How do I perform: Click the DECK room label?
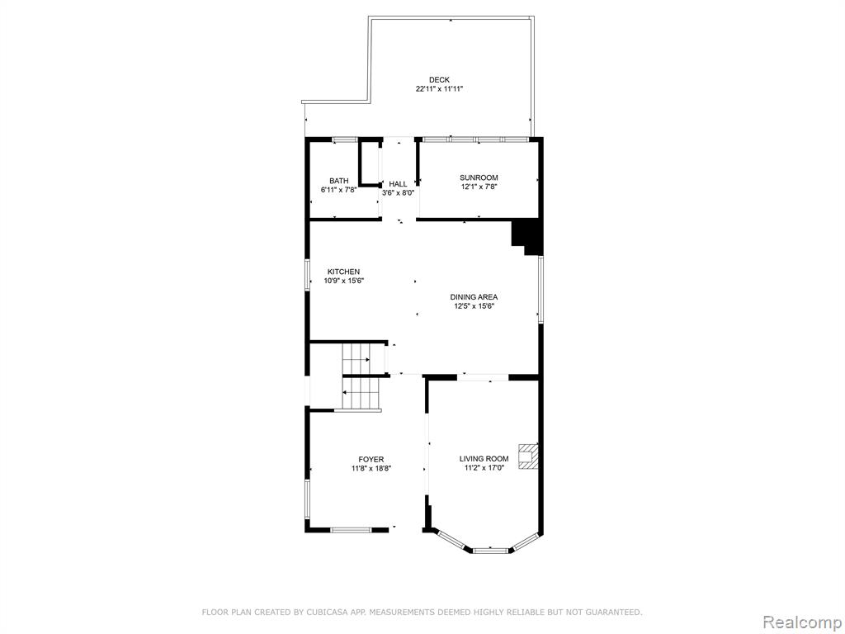[x=439, y=80]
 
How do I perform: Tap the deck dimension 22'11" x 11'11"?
[x=439, y=89]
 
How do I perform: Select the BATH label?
[x=339, y=181]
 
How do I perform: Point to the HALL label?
[x=399, y=184]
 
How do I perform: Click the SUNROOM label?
[x=479, y=177]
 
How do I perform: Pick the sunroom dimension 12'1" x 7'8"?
[x=479, y=187]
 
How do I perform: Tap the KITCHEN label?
[x=344, y=272]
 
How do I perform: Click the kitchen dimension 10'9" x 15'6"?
[x=344, y=281]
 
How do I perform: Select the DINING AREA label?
[x=474, y=296]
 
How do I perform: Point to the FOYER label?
[x=371, y=459]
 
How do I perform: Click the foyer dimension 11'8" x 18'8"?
[x=371, y=469]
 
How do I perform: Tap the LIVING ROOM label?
[x=484, y=459]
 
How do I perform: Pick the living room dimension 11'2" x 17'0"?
[x=484, y=468]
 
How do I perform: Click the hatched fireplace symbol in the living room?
[x=528, y=457]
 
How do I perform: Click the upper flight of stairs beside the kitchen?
[x=356, y=357]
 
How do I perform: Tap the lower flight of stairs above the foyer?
[x=361, y=394]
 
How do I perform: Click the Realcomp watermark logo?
[x=802, y=622]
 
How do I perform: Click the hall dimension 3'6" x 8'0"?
[x=399, y=193]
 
